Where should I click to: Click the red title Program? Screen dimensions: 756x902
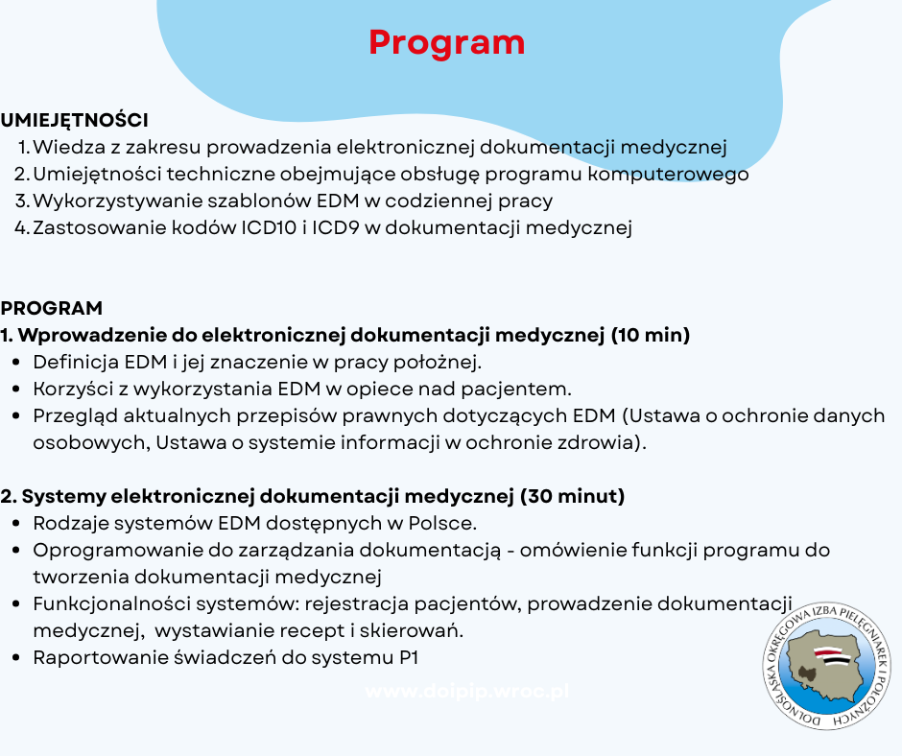point(447,42)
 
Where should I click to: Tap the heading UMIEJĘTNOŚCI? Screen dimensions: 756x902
point(74,121)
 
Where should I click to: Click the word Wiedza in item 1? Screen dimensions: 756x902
point(68,148)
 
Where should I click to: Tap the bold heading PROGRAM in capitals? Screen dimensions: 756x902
point(51,309)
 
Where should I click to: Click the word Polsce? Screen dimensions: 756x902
point(441,524)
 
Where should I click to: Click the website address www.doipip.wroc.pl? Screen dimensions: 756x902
point(466,692)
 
